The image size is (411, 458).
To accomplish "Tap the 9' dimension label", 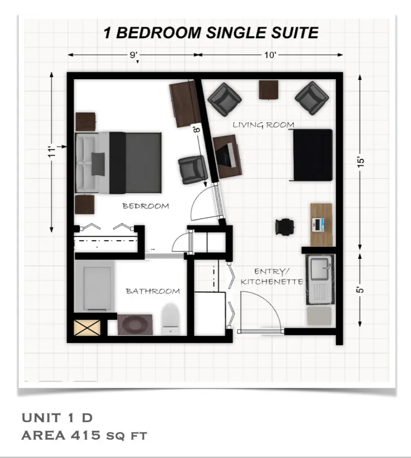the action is pos(134,55).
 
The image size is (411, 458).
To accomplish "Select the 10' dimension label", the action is pos(270,55).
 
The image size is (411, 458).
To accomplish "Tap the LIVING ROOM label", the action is pos(263,125).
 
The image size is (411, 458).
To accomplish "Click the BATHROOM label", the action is pos(153,291).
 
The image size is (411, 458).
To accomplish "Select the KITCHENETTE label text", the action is pos(272,282).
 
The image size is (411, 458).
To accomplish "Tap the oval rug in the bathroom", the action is pos(135,324).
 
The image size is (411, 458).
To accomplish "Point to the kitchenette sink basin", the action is pos(320,268).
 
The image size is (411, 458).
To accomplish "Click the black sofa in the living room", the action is pos(312,155).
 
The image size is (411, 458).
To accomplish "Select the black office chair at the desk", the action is pos(284,226).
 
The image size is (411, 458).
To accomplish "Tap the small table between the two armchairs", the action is pos(268,89).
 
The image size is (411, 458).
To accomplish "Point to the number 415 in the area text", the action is pos(86,435).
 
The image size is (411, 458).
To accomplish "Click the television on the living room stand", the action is pos(225,155).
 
